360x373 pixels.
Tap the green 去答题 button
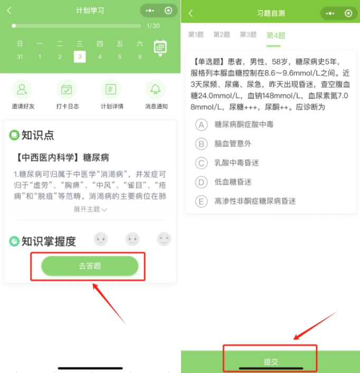(x=90, y=266)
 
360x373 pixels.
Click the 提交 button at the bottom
(x=271, y=361)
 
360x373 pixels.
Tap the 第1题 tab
(x=196, y=35)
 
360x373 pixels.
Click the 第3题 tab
(x=248, y=35)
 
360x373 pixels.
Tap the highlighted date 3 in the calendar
(x=80, y=57)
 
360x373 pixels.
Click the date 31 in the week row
(x=20, y=57)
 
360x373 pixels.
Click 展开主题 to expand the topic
(x=90, y=209)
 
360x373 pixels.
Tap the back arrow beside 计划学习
(x=9, y=11)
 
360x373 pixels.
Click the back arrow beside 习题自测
(x=191, y=13)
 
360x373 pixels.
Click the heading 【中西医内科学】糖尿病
(x=63, y=157)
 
